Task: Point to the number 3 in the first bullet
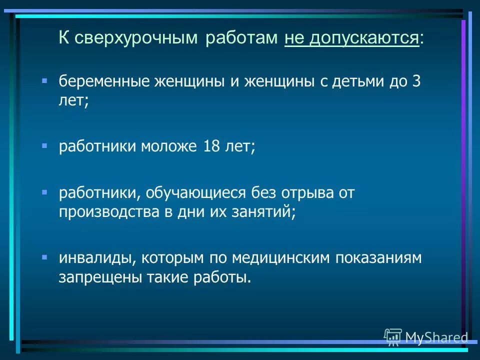point(416,81)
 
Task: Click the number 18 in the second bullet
point(212,147)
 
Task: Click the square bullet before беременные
point(44,80)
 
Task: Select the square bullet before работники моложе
point(44,145)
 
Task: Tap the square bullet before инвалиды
point(44,256)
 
